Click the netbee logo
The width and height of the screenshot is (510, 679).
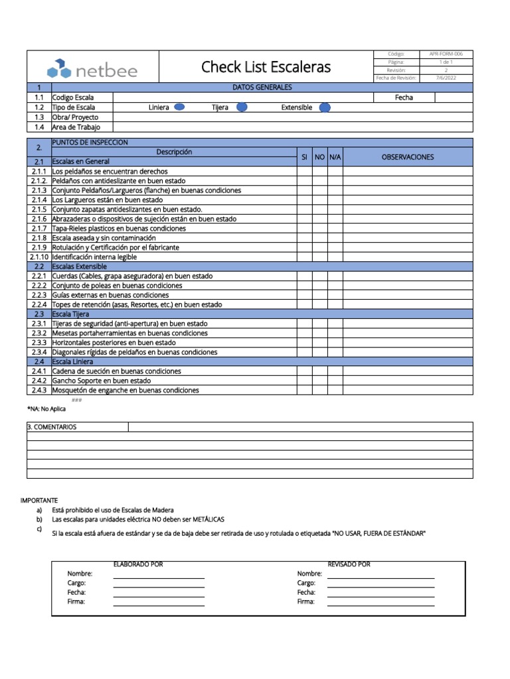point(92,68)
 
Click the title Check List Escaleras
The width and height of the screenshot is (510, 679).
point(266,67)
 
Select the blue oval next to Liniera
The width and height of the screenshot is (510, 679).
point(179,107)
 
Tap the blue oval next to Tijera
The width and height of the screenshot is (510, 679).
point(242,107)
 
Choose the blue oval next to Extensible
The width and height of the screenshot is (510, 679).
point(325,107)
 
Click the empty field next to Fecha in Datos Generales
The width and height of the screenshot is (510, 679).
point(454,97)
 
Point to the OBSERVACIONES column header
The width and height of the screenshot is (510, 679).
point(407,157)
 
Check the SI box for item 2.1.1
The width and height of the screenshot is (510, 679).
point(304,171)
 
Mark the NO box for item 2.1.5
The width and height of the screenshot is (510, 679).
point(319,210)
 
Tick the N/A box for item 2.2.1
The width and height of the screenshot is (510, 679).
point(335,276)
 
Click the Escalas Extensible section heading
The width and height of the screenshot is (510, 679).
point(80,267)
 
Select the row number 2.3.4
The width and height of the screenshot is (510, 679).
point(39,352)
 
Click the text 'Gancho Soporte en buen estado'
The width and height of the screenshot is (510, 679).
point(101,381)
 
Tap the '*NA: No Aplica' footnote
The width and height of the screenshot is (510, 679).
point(46,409)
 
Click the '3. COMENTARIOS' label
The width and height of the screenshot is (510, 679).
point(52,427)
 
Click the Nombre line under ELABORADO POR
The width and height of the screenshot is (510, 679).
point(159,574)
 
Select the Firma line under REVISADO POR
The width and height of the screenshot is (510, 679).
point(381,602)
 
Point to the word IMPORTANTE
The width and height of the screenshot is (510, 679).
point(39,499)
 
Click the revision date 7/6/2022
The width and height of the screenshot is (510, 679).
point(446,78)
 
